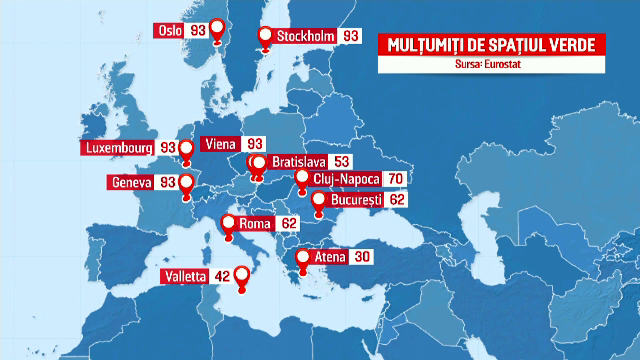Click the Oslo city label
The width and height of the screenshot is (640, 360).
(x=170, y=31)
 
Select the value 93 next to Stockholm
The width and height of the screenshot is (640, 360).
(x=350, y=36)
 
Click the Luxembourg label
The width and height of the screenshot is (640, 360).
(x=117, y=148)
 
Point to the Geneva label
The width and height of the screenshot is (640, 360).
(x=133, y=183)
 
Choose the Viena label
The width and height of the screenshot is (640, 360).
(x=218, y=144)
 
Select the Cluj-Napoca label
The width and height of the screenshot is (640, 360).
(x=345, y=179)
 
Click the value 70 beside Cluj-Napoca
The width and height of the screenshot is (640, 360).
(x=395, y=179)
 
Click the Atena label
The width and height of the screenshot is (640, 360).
(x=330, y=257)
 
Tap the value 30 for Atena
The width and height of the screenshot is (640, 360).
(x=363, y=257)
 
